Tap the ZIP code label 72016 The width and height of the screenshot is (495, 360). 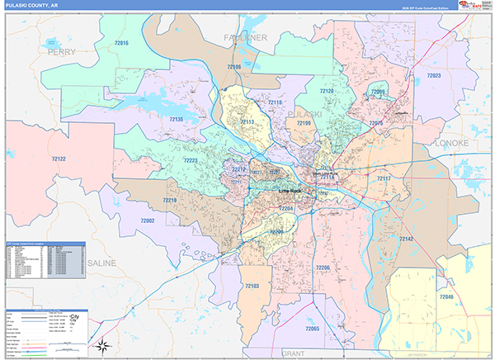click(x=122, y=43)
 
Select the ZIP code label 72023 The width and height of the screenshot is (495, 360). click(x=434, y=76)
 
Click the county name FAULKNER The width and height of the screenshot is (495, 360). click(x=246, y=38)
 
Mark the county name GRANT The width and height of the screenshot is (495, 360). click(x=293, y=353)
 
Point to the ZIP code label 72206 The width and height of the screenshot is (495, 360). click(x=322, y=268)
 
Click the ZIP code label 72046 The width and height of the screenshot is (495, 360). click(x=445, y=296)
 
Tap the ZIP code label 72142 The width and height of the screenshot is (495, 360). click(x=406, y=239)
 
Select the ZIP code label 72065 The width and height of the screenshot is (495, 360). click(x=312, y=329)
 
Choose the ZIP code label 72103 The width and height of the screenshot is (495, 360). click(x=252, y=286)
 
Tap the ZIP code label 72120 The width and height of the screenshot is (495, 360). click(x=328, y=91)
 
